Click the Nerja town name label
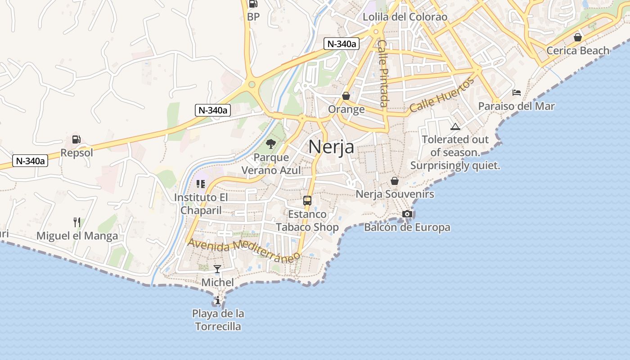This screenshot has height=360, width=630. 331,147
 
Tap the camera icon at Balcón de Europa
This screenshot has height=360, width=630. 407,214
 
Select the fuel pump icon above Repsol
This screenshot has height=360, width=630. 76,139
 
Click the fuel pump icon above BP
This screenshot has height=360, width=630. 253,4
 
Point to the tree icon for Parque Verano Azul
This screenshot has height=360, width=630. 270,144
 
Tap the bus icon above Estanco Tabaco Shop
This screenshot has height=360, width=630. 307,201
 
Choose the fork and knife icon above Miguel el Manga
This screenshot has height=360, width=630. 77,222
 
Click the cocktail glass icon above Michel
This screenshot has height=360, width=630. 217,269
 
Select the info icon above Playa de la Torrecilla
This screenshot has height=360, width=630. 218,300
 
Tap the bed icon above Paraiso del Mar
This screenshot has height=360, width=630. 517,93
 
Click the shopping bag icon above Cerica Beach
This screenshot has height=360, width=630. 578,37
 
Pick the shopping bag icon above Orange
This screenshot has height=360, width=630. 346,96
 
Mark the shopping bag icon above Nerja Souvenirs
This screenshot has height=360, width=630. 395,181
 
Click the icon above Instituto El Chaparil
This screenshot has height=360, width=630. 201,184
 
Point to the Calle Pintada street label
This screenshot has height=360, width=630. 383,73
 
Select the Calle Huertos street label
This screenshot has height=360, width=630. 442,95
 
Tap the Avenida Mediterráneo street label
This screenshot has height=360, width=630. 244,250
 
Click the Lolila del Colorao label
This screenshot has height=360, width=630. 405,17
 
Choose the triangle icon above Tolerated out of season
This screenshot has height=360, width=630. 455,126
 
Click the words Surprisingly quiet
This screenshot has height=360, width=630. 455,166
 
